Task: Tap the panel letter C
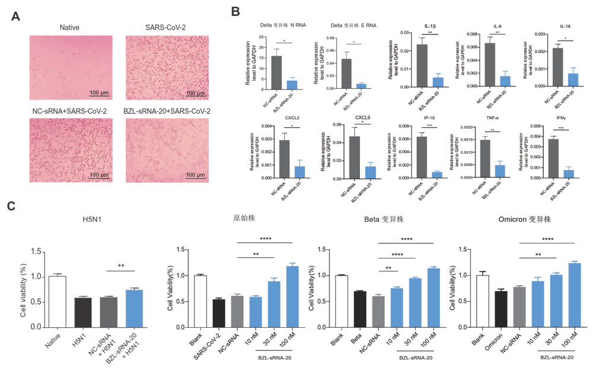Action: [x=11, y=206]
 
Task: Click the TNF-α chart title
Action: [x=491, y=119]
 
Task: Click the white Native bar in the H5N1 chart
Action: [x=58, y=302]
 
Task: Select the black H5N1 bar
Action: [x=83, y=312]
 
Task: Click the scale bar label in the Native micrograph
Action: [x=98, y=93]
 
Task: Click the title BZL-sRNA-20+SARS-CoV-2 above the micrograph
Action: [x=168, y=111]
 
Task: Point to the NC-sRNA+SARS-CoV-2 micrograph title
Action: [x=70, y=111]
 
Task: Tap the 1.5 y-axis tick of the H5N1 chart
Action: [x=36, y=252]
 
